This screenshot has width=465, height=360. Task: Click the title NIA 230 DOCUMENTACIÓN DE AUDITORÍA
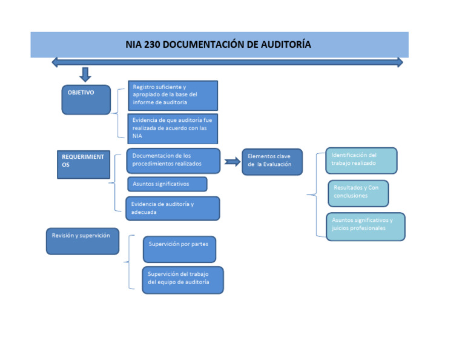(219, 45)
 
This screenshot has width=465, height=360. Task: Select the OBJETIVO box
(86, 99)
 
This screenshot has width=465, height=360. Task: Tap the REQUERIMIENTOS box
(84, 164)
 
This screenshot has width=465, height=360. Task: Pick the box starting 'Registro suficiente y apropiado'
(173, 95)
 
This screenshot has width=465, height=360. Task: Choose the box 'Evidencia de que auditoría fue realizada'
(173, 128)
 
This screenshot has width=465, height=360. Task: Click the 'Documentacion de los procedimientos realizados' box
(173, 161)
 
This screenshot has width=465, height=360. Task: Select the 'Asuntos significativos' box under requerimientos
(167, 184)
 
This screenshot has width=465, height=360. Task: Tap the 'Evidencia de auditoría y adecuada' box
(173, 208)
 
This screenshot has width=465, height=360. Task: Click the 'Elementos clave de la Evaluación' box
(272, 161)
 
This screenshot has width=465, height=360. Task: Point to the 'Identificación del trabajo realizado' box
(361, 160)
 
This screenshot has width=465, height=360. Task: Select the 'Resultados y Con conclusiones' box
(358, 193)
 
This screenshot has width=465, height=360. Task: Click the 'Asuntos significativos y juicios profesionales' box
(365, 225)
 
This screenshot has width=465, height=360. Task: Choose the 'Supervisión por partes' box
(179, 249)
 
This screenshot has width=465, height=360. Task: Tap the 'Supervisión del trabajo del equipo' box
(182, 279)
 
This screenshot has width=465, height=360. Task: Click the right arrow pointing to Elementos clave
(231, 161)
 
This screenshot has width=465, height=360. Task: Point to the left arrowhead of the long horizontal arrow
(55, 62)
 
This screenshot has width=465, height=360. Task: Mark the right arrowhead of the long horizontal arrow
(400, 62)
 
